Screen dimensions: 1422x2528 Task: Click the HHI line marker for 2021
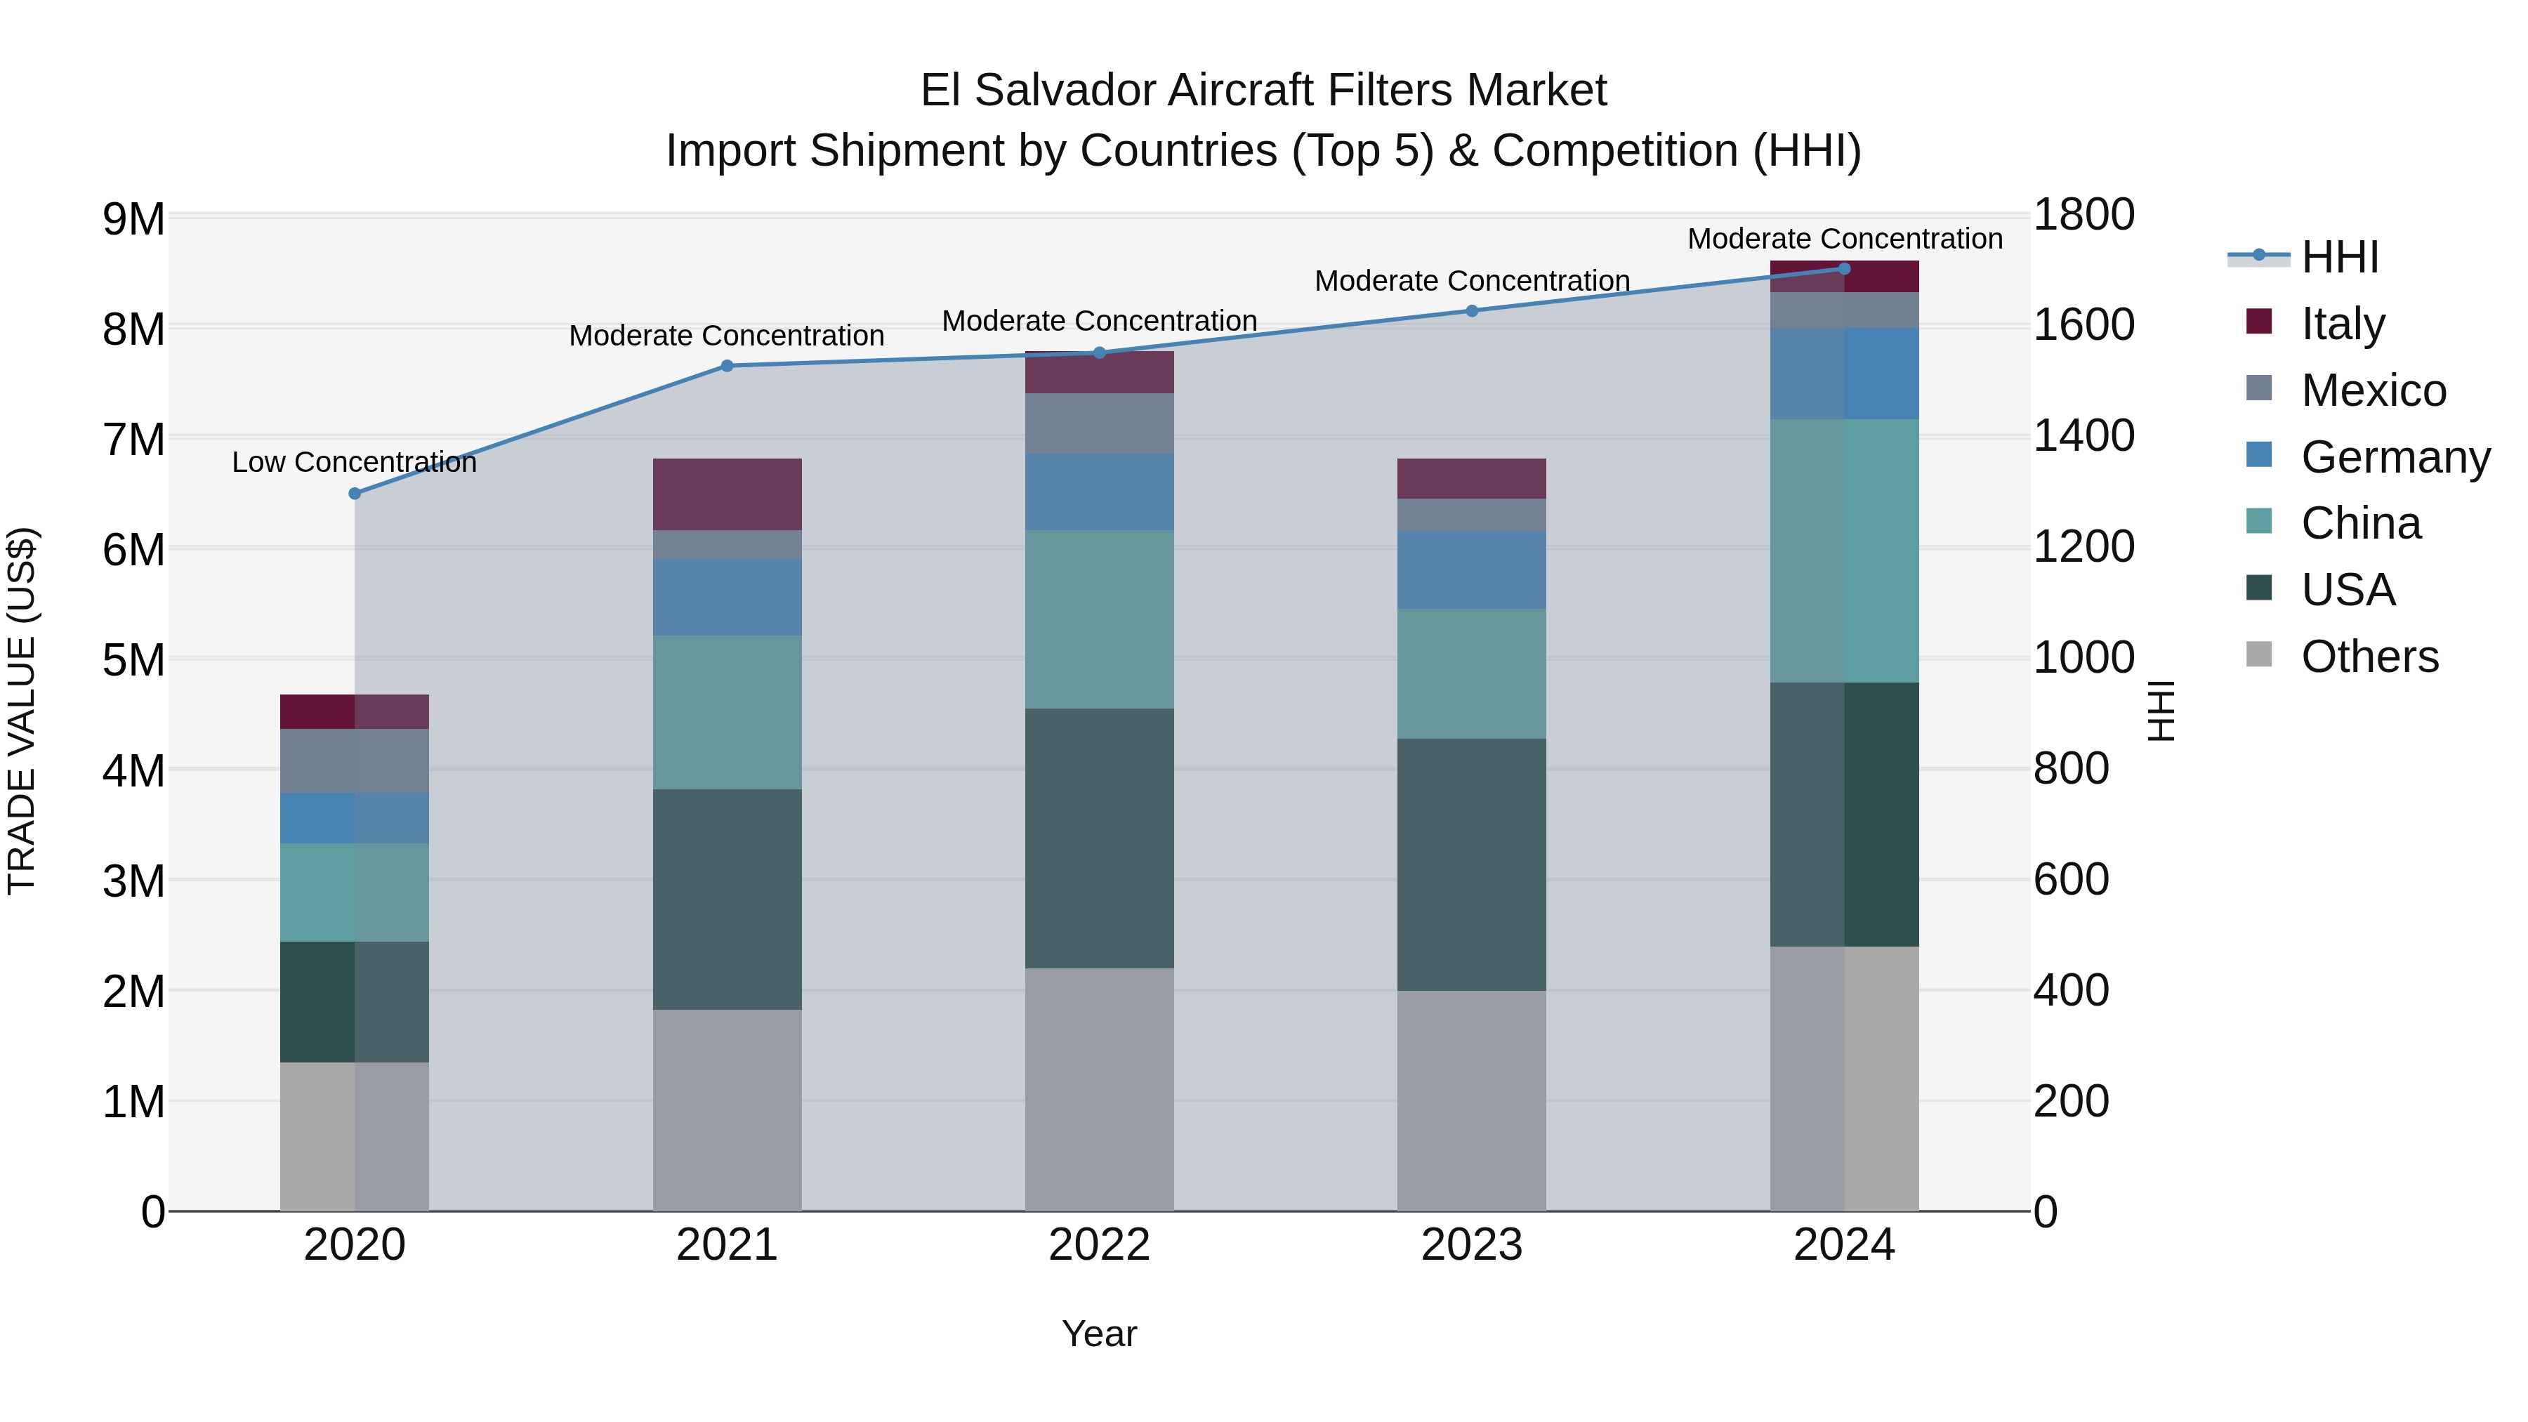click(728, 366)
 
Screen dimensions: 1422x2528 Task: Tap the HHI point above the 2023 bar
click(1471, 311)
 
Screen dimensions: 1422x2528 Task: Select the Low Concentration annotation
click(355, 462)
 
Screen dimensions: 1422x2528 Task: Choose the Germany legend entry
click(2395, 457)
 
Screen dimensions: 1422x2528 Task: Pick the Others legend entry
click(2369, 657)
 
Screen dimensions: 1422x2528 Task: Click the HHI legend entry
click(2340, 257)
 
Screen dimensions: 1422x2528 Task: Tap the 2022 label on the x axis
click(1099, 1245)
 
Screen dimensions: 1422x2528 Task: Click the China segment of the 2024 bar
click(1844, 551)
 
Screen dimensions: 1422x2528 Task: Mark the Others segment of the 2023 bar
click(1471, 1100)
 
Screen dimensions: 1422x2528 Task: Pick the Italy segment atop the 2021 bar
click(728, 494)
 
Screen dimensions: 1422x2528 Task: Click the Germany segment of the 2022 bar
click(1099, 492)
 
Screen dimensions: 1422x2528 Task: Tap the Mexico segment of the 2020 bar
click(355, 761)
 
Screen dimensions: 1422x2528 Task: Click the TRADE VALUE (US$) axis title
click(22, 711)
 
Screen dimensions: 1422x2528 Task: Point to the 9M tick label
click(133, 219)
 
